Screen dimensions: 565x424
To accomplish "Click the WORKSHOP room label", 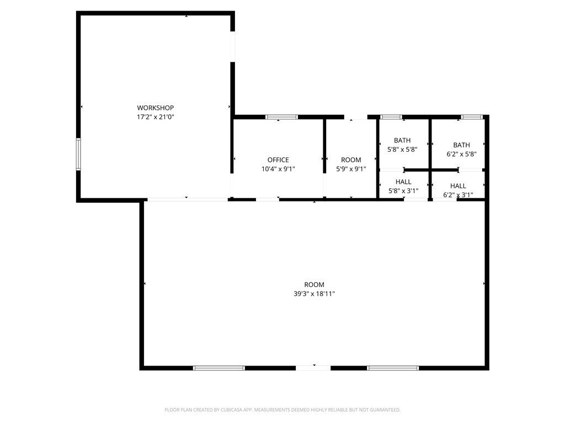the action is tap(155, 108).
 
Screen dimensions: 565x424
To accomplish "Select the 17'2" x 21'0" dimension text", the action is tap(155, 117).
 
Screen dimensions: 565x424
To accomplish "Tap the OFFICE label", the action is tap(278, 160).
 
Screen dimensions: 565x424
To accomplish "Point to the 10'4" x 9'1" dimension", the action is tap(278, 169).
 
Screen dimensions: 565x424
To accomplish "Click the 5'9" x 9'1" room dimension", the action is tap(351, 169).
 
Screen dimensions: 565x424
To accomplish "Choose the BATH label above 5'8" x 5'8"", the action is tap(402, 140).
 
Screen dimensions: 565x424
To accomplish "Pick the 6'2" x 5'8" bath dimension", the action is tap(462, 154).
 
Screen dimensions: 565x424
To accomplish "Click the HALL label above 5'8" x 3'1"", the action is tap(403, 182).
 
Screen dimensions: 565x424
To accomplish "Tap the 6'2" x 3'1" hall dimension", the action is tap(458, 195).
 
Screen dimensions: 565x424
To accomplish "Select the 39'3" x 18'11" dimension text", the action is tap(314, 294).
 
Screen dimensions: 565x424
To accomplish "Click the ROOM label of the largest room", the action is tap(314, 284).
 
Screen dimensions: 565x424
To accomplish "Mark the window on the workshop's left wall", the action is tap(78, 154).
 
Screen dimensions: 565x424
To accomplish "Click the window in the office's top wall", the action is tap(282, 117).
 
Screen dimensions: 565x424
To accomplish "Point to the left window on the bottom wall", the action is tap(218, 368).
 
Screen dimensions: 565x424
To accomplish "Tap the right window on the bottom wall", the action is tap(393, 368).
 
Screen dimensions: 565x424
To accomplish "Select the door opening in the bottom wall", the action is tap(313, 368).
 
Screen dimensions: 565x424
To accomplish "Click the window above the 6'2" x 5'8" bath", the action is tap(472, 117).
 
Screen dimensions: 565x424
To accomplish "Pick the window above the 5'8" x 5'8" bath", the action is tap(391, 117).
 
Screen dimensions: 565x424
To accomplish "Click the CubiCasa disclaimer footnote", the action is tap(282, 410).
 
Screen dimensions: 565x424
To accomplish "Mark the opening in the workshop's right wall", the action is tap(233, 46).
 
